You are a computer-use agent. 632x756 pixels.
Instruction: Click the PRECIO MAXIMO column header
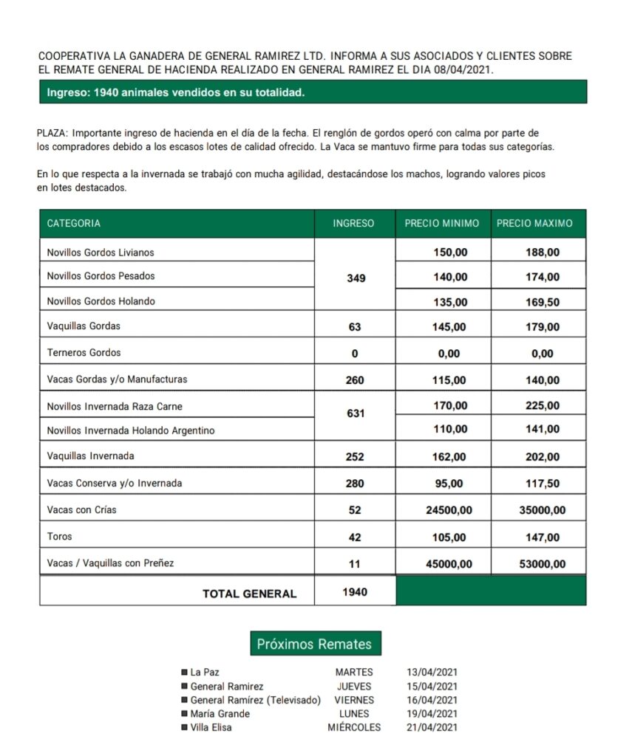pos(534,224)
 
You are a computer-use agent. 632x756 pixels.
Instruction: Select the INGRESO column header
pos(353,224)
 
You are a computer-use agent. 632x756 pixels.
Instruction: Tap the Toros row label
pos(59,537)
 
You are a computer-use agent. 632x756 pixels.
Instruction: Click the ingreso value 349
pos(356,278)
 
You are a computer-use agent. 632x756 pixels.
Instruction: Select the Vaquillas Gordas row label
pos(84,326)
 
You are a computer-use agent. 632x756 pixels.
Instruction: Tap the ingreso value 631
pos(356,413)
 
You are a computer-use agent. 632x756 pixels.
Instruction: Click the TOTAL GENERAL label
pos(249,594)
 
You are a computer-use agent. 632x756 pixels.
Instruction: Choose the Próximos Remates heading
pos(314,645)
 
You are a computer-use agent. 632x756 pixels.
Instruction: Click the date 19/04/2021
pos(432,714)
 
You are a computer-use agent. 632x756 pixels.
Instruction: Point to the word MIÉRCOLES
pos(354,728)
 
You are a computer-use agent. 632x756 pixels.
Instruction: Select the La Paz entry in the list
pos(205,673)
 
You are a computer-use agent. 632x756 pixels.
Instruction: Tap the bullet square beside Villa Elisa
pos(184,728)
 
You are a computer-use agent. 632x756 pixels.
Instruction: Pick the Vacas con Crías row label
pos(81,510)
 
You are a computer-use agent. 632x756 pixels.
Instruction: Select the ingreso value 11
pos(355,564)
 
